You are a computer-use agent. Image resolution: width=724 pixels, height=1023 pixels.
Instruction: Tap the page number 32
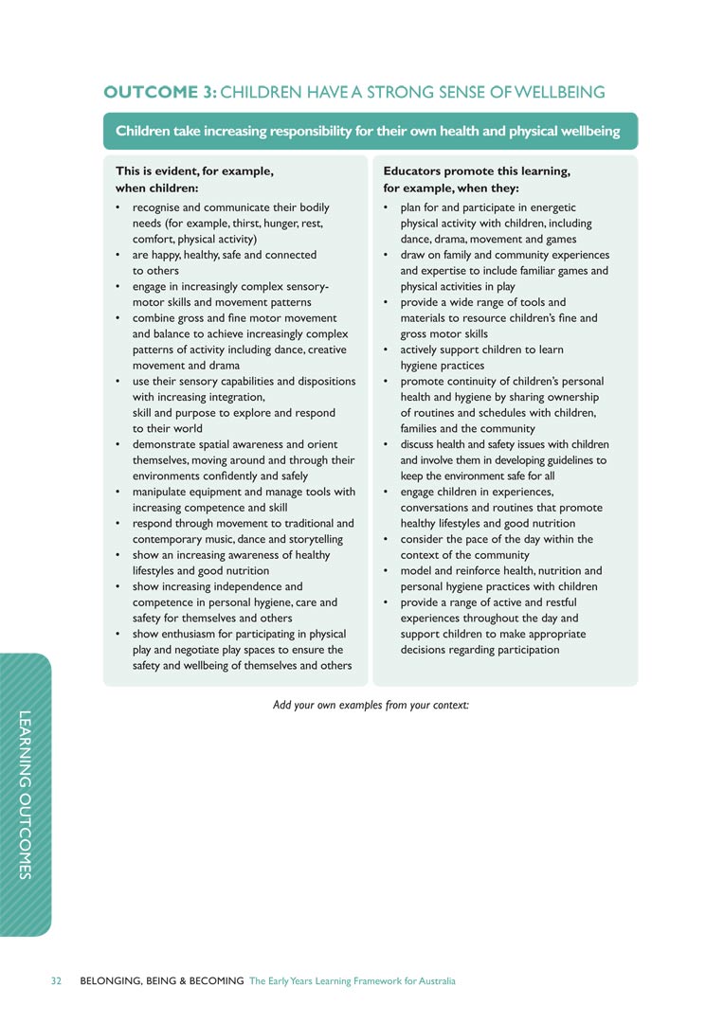(x=56, y=980)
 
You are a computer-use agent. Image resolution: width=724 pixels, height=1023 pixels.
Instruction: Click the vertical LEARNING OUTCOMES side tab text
(x=27, y=794)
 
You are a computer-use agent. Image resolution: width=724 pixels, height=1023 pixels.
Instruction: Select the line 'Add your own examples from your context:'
(x=371, y=705)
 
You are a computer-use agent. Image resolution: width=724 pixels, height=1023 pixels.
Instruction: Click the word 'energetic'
(x=552, y=207)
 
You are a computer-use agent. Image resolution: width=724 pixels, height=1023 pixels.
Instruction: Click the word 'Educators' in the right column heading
(x=413, y=170)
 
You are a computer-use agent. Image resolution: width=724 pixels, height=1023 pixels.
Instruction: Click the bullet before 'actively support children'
(x=387, y=350)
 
